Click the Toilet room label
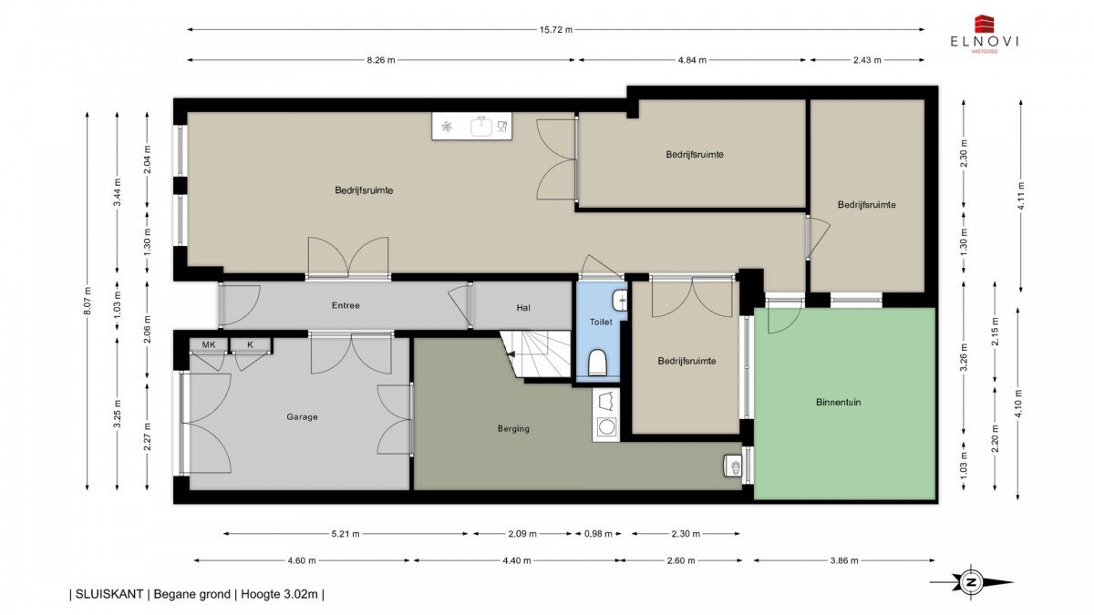point(601,323)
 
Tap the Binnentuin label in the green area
point(838,402)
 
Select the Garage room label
point(302,417)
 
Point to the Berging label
point(513,429)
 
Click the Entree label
point(346,305)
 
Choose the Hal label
point(523,308)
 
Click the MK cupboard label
point(209,344)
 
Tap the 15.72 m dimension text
point(556,30)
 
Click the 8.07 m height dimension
point(88,300)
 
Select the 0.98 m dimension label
point(598,534)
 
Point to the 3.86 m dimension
point(844,561)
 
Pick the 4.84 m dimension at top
point(692,60)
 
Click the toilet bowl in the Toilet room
point(597,363)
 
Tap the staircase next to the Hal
point(536,354)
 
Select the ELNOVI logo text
point(985,42)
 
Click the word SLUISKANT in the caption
point(109,594)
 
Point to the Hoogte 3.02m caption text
point(279,594)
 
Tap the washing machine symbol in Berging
point(606,427)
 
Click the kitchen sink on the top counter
point(482,127)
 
